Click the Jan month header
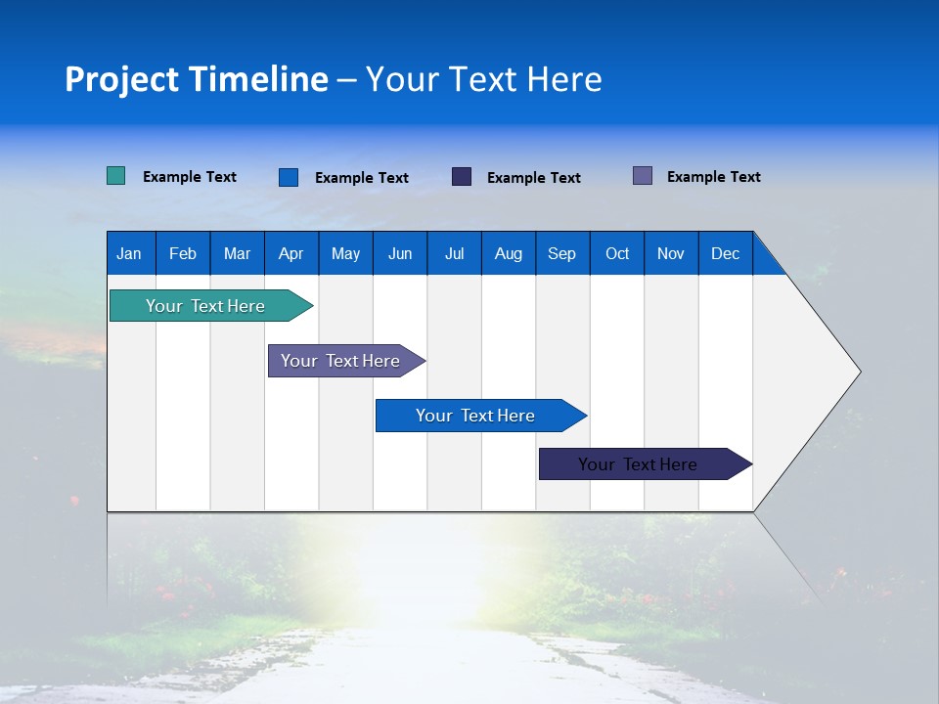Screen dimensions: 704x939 (x=129, y=253)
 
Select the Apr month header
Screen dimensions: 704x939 (x=291, y=253)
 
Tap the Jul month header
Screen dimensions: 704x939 (x=454, y=253)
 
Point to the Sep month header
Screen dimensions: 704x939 (x=561, y=253)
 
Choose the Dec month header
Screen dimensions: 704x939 (x=725, y=253)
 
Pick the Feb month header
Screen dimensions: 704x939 (x=183, y=253)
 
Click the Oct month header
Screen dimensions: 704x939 (x=617, y=253)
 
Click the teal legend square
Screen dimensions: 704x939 (x=115, y=176)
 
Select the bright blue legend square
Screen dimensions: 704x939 (x=288, y=177)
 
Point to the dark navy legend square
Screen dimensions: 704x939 (x=462, y=177)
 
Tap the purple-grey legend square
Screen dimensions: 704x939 (x=643, y=176)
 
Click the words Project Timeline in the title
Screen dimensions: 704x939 (x=197, y=79)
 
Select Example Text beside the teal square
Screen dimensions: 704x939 (x=190, y=177)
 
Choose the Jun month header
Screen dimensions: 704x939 (x=400, y=253)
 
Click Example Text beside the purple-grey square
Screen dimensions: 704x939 (x=713, y=177)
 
